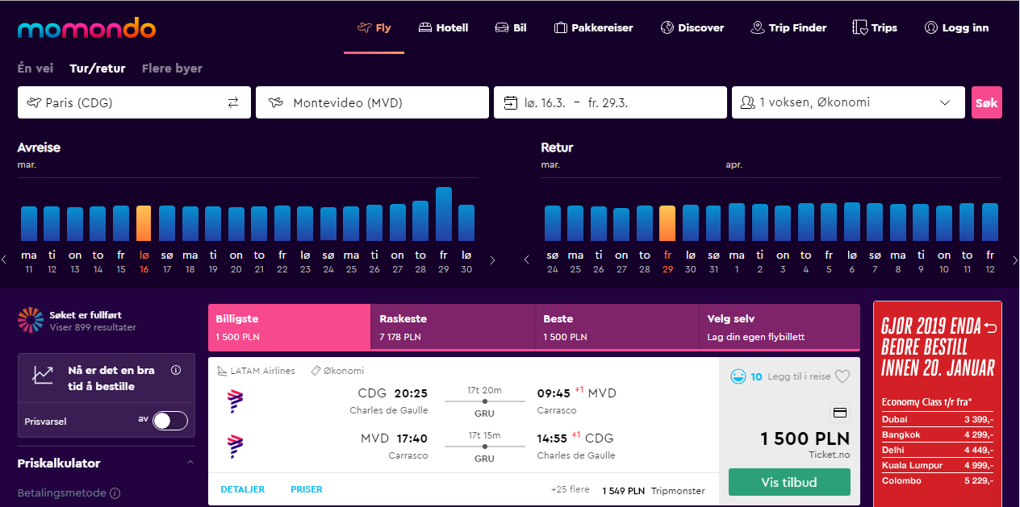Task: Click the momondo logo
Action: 86,28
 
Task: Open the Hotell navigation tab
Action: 443,27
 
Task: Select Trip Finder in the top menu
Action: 788,27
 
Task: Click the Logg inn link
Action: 957,27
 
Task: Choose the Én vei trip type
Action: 35,69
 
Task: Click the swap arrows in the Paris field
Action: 233,102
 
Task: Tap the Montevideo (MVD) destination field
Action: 372,102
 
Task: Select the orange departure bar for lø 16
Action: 144,222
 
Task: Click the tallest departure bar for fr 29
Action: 444,214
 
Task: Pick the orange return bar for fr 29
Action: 667,222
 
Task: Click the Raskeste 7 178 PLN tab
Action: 453,327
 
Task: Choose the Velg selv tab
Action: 779,327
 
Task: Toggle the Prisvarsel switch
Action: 169,421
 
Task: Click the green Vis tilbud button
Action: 789,482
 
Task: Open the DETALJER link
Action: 242,489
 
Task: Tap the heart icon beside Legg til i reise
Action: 842,376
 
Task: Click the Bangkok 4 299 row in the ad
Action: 937,434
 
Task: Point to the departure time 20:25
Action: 411,393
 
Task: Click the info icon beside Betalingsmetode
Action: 115,493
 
